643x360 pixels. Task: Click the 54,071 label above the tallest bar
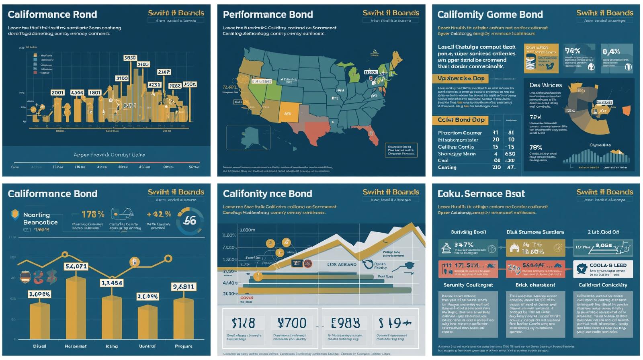(76, 266)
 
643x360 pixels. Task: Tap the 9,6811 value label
(183, 286)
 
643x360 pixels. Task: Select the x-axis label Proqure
(184, 346)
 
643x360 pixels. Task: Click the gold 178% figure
(93, 214)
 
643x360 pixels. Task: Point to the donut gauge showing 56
(190, 221)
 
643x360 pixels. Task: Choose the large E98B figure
(345, 323)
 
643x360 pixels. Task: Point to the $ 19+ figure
(395, 323)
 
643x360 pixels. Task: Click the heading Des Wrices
(545, 85)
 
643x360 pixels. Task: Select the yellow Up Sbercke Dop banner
(461, 78)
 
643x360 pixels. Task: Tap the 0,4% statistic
(611, 51)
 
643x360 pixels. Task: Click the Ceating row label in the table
(447, 167)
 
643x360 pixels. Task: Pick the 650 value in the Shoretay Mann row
(510, 153)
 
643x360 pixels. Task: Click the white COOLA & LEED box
(603, 269)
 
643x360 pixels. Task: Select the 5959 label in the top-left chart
(130, 58)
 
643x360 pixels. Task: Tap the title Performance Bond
(268, 15)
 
